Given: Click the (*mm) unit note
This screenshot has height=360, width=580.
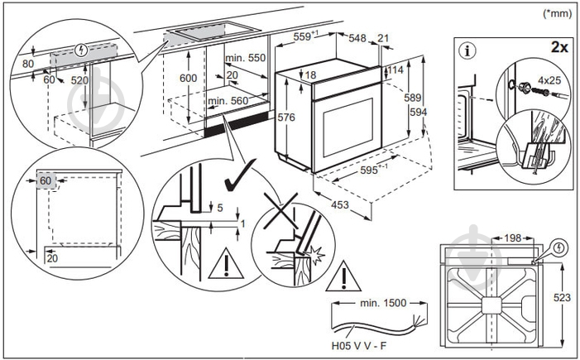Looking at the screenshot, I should coord(556,13).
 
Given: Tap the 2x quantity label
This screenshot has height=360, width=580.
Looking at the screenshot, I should coord(558,47).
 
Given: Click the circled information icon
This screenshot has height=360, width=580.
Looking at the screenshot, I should coord(469,51).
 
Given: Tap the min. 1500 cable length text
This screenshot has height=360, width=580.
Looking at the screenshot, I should coord(383,303).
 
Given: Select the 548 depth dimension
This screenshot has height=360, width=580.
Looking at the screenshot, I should coord(358,37).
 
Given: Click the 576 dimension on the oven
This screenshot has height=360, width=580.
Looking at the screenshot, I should coord(285,118).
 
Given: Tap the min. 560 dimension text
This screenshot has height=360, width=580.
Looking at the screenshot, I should coord(228,101).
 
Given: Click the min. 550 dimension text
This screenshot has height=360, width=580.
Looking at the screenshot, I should coord(245,59).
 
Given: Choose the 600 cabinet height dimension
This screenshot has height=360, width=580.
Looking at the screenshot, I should coord(189,77).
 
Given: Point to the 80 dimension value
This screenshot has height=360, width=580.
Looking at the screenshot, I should coord(28,63).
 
